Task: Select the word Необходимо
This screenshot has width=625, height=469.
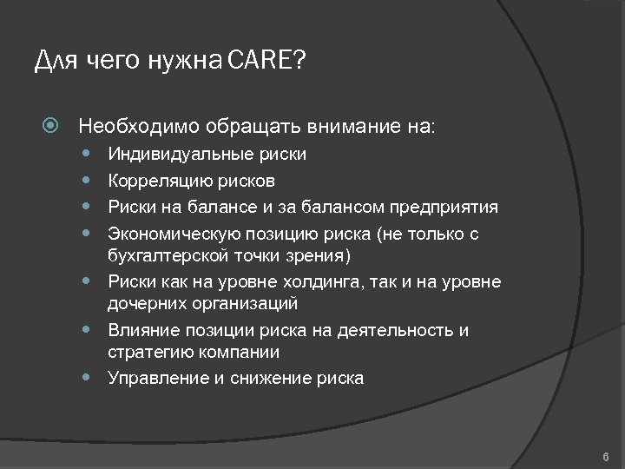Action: click(139, 126)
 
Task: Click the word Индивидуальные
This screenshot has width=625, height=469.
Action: click(181, 155)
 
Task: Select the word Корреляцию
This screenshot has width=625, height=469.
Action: click(160, 181)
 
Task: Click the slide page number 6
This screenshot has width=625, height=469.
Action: click(605, 457)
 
